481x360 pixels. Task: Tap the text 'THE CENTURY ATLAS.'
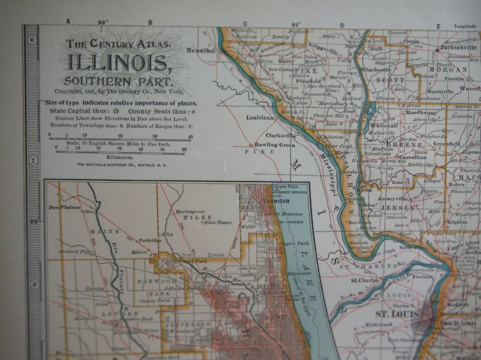click(x=118, y=44)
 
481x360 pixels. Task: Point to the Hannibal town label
click(x=202, y=51)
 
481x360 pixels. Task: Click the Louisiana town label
click(x=260, y=117)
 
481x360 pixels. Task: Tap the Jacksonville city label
click(x=458, y=47)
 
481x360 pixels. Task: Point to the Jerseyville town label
click(x=393, y=198)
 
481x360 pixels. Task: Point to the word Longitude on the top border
click(x=465, y=26)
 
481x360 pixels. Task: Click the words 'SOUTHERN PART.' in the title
click(x=118, y=81)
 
